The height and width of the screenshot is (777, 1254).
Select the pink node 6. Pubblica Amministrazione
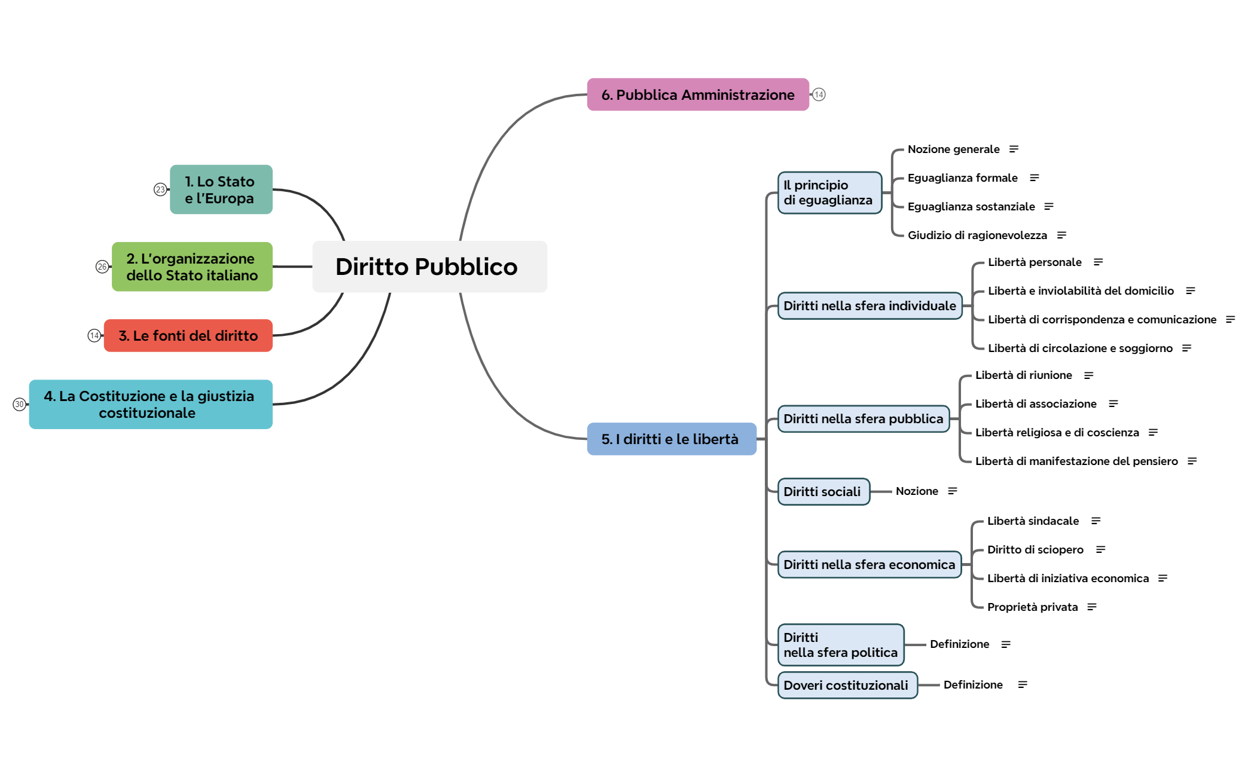pyautogui.click(x=697, y=94)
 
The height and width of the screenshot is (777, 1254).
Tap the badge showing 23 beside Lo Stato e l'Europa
pyautogui.click(x=160, y=189)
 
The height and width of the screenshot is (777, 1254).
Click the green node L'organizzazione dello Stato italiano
pyautogui.click(x=192, y=267)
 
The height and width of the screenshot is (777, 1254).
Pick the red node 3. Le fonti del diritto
pyautogui.click(x=188, y=336)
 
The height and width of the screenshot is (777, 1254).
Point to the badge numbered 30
pyautogui.click(x=20, y=405)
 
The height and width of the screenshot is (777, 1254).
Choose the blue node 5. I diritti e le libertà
pyautogui.click(x=671, y=439)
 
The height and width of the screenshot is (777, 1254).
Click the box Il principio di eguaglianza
pyautogui.click(x=829, y=192)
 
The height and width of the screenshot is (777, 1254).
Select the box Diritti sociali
pyautogui.click(x=823, y=491)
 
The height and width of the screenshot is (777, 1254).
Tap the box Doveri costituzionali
pyautogui.click(x=846, y=685)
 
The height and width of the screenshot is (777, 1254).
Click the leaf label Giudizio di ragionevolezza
pyautogui.click(x=977, y=235)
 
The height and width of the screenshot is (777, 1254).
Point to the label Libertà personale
pyautogui.click(x=1035, y=262)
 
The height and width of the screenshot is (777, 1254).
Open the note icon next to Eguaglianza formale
pyautogui.click(x=1035, y=178)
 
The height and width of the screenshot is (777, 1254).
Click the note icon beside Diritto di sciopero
pyautogui.click(x=1100, y=550)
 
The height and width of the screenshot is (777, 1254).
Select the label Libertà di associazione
pyautogui.click(x=1036, y=404)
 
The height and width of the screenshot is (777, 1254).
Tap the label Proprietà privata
pyautogui.click(x=1032, y=607)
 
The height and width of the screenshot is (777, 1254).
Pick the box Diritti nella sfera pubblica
pyautogui.click(x=863, y=419)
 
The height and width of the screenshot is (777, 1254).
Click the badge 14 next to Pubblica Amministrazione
pyautogui.click(x=819, y=94)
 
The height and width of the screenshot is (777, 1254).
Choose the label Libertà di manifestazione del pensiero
pyautogui.click(x=1076, y=461)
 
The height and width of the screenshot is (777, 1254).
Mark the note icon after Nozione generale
pyautogui.click(x=1014, y=149)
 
